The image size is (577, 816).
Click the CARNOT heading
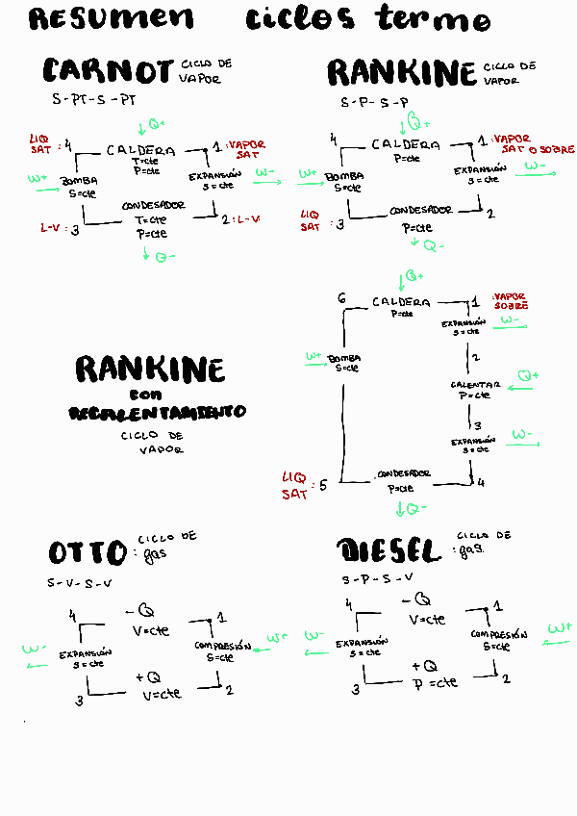point(109,71)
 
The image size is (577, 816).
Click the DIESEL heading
point(389,550)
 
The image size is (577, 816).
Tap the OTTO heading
point(88,552)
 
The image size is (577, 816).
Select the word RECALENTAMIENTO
point(157,412)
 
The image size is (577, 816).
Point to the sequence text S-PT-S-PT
point(94,99)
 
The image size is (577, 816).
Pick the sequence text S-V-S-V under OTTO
point(80,583)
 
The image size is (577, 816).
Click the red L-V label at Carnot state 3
point(52,229)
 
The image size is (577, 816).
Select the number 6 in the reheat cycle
point(342,300)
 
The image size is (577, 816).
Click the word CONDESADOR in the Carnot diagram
point(154,206)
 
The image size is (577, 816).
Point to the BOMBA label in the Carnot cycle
point(79,181)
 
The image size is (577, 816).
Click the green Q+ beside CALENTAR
point(528,375)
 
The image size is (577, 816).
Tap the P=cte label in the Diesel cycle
point(436,682)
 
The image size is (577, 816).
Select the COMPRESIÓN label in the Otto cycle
point(222,646)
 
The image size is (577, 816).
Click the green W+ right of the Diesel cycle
point(560,627)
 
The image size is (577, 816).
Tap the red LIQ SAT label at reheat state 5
point(294,486)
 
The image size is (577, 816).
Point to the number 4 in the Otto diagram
point(72,615)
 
